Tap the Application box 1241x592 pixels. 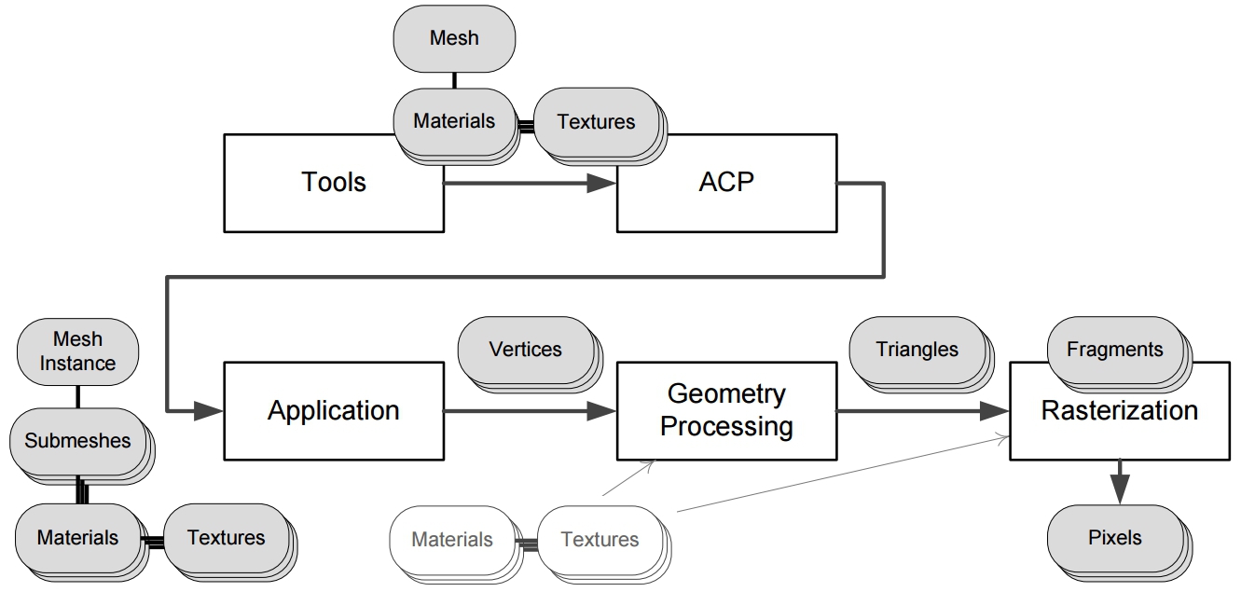333,411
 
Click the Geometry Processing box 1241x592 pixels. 725,411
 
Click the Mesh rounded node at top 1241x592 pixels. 454,38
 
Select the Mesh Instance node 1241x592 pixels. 77,351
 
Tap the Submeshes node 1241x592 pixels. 77,440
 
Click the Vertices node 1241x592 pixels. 525,350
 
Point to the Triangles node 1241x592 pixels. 917,350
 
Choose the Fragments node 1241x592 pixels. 1114,351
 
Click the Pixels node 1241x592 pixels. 1114,538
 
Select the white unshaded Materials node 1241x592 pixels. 451,539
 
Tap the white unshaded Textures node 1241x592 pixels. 600,539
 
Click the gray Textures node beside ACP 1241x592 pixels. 595,121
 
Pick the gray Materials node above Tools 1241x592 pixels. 453,121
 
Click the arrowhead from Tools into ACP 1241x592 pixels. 600,184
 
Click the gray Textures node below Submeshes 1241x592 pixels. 226,538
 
